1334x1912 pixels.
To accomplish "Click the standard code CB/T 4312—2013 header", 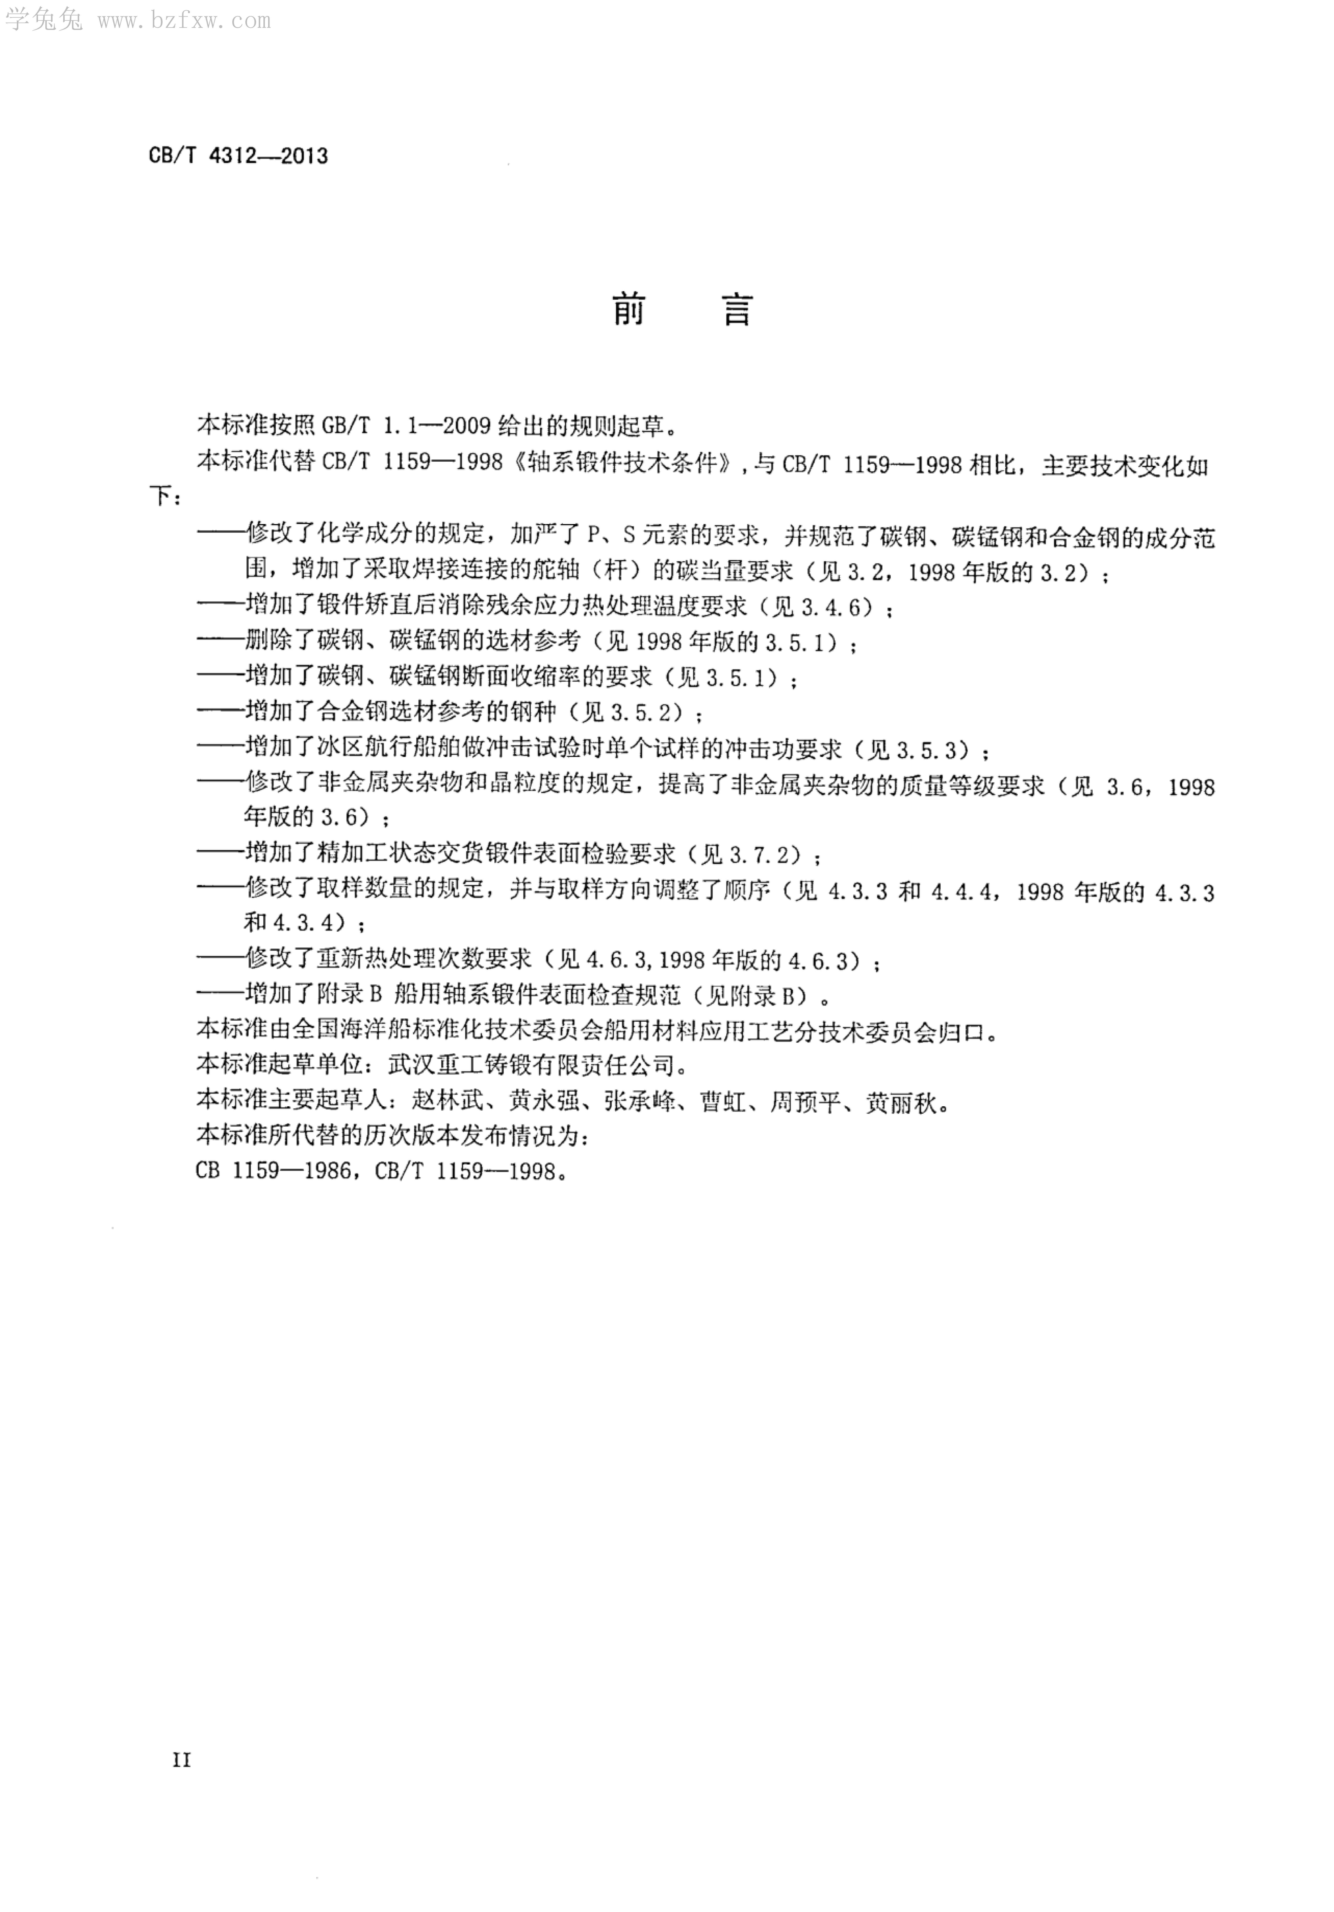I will (x=238, y=156).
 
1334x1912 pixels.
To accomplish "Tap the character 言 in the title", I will (x=736, y=311).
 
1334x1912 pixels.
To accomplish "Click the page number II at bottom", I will (x=182, y=1760).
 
